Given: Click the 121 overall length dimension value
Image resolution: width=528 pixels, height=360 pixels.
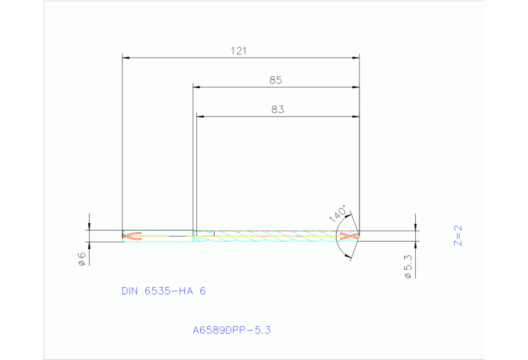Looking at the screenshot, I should pos(239,51).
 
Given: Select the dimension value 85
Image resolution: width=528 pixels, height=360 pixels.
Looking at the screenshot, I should pos(275,81).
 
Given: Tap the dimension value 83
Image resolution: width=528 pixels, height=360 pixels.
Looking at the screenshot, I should pos(277,109).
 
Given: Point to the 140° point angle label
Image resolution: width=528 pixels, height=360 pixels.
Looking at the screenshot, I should pos(337,214).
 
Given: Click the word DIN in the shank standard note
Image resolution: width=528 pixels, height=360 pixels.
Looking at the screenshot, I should pos(130,291).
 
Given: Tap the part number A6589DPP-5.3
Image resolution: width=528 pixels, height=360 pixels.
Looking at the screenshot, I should pos(232,330).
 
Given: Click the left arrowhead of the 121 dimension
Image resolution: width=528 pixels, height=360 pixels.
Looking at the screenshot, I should pos(125,58).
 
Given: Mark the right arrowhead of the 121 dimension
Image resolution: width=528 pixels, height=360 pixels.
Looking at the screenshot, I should pos(356,58).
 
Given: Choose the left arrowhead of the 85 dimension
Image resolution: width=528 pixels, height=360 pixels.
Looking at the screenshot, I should pos(196,87).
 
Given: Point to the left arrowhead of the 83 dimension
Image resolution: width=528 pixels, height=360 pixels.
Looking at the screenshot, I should pos(200,116).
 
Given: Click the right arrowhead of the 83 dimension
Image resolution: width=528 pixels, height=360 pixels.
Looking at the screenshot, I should pos(356,116).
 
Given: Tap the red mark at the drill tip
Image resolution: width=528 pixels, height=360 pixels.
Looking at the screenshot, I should pos(350,236).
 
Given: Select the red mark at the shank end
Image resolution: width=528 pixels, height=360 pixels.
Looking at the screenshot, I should pos(131,236).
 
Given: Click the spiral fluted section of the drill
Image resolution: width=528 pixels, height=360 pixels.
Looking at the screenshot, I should pos(275,236).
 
